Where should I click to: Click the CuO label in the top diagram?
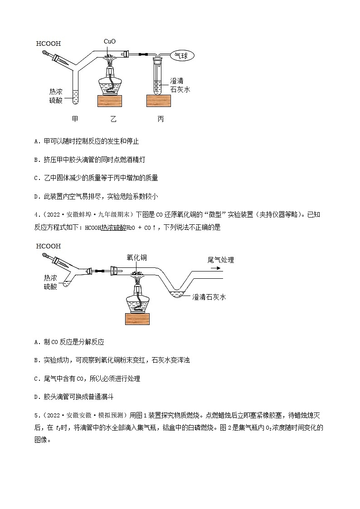coord(109,41)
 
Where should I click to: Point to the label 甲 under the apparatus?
coord(75,119)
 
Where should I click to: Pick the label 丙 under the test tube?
coord(161,119)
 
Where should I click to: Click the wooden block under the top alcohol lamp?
coord(110,101)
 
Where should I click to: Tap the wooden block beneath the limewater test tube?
coord(158,101)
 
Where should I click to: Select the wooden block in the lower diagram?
coord(137,319)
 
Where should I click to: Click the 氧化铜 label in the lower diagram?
coord(136,258)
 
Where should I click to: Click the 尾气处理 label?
coord(220,260)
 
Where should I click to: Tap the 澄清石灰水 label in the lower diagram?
coord(209,297)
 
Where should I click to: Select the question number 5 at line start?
coord(35,414)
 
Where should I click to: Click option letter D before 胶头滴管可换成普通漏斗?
coord(36,397)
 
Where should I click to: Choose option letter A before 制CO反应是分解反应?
coord(36,342)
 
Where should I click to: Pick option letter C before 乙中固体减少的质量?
coord(36,178)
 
